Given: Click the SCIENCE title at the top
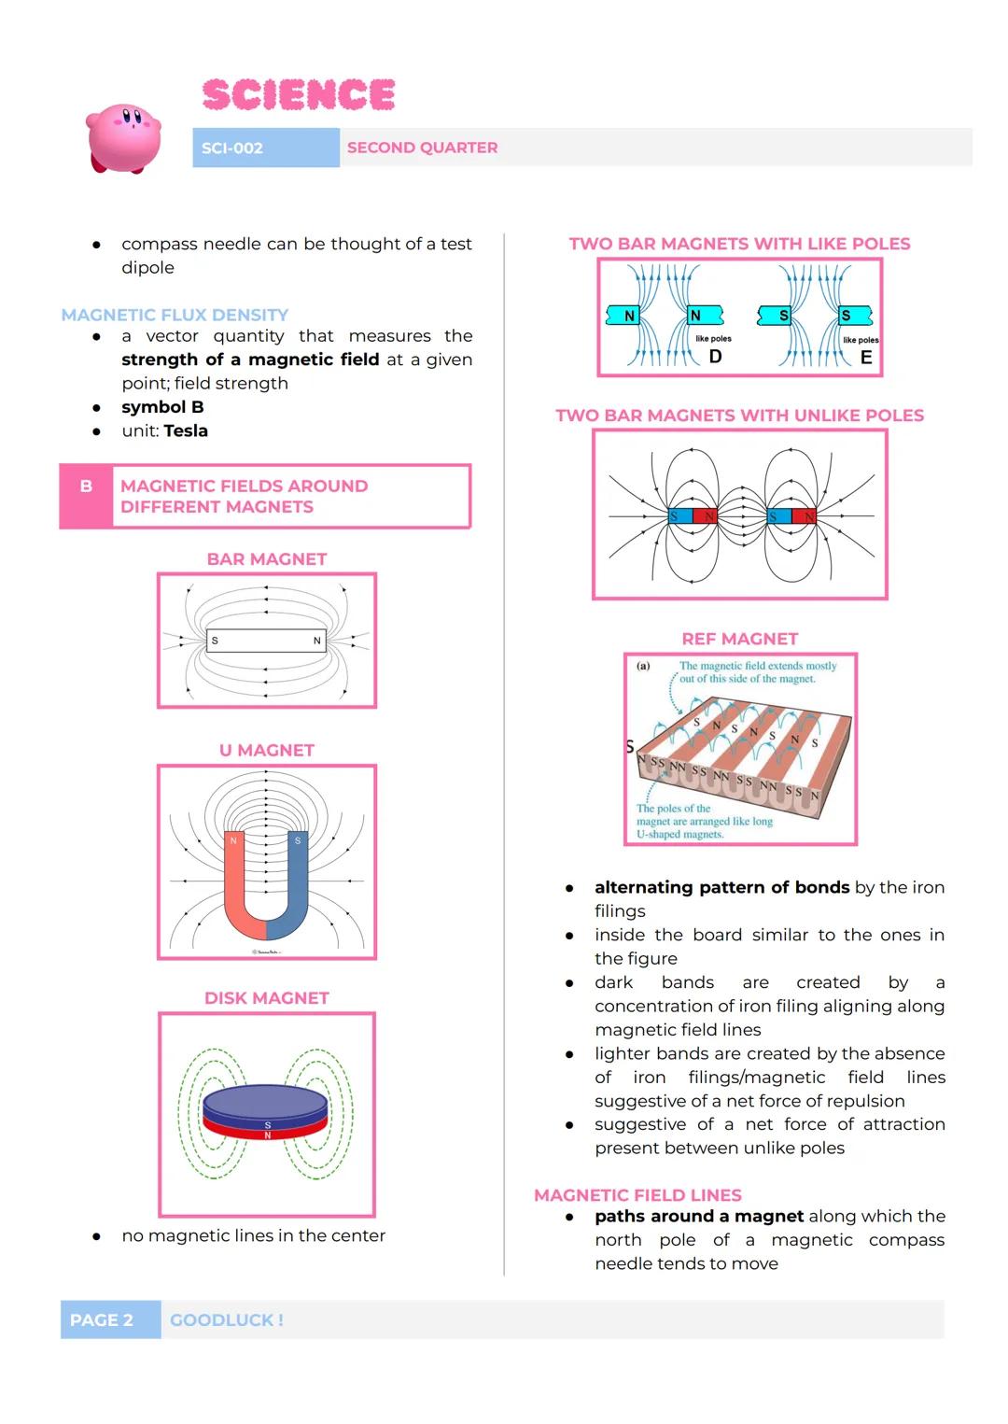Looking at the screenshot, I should tap(298, 94).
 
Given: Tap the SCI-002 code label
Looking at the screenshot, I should tap(232, 148).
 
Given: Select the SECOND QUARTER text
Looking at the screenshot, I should tap(422, 148).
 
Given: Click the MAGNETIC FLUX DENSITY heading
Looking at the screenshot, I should tap(175, 315).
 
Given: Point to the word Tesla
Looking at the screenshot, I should tap(186, 430).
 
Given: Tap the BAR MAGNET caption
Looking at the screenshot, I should tap(267, 559).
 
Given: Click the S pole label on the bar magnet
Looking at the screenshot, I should tap(215, 641).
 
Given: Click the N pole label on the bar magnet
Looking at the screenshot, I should tap(317, 641).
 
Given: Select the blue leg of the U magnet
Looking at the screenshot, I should tap(298, 878).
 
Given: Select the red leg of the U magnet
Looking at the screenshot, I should tap(234, 878).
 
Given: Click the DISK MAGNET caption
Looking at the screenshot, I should tap(267, 998).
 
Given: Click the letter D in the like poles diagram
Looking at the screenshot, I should tap(716, 357).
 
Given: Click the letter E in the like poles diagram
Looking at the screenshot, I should tap(866, 358).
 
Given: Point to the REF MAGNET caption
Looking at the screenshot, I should tap(740, 639).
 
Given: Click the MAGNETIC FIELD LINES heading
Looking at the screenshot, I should tap(637, 1195).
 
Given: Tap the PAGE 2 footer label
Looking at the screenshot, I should tap(102, 1319).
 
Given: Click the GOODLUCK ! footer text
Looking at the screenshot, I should tap(227, 1319).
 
